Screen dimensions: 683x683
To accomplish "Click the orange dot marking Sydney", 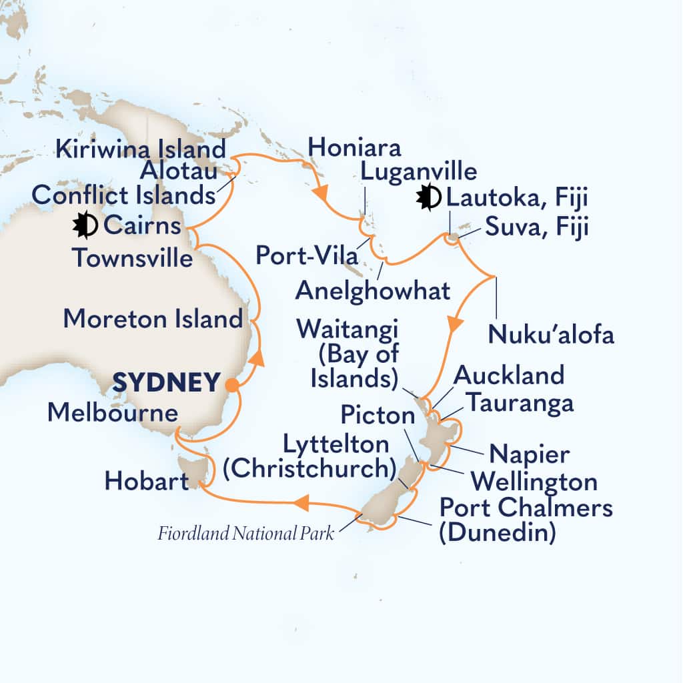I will click(x=231, y=384).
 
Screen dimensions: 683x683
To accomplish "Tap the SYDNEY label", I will click(x=166, y=383).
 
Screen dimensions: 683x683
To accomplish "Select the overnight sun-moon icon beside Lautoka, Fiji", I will click(x=428, y=197).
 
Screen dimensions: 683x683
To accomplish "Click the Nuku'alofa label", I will click(x=551, y=334).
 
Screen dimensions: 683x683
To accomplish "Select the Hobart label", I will click(x=147, y=481).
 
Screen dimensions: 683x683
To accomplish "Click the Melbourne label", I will click(x=112, y=414).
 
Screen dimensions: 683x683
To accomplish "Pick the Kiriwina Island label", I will click(x=140, y=149).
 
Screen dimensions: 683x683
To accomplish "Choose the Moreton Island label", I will click(x=153, y=318).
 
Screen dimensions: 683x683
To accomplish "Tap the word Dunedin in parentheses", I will click(x=498, y=534).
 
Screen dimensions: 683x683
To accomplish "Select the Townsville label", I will click(x=133, y=257).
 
